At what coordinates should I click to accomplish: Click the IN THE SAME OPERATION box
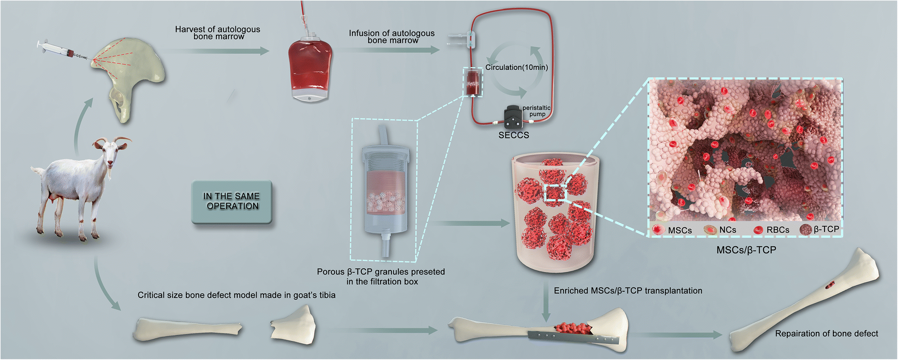[232, 202]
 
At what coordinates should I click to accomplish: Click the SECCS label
[514, 135]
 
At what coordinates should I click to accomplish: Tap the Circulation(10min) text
[516, 67]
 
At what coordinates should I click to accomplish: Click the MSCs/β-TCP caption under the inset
[746, 250]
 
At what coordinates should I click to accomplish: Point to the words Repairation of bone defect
[826, 334]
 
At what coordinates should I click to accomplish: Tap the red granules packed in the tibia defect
[572, 328]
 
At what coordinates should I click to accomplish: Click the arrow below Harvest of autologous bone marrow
[217, 51]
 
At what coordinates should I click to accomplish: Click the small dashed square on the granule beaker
[555, 192]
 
